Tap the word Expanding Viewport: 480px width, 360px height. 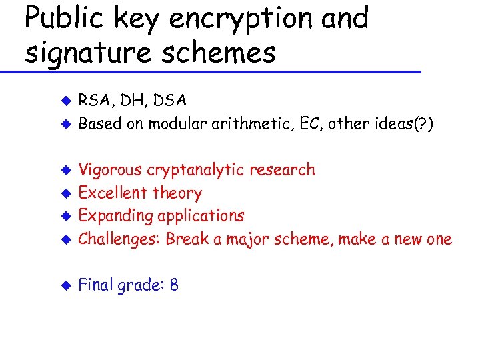[x=115, y=217]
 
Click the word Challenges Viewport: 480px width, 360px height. [x=118, y=239]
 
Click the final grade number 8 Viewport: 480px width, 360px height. [x=174, y=285]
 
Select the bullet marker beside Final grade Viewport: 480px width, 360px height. [x=65, y=286]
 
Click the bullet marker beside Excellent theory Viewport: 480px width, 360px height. [x=65, y=194]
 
